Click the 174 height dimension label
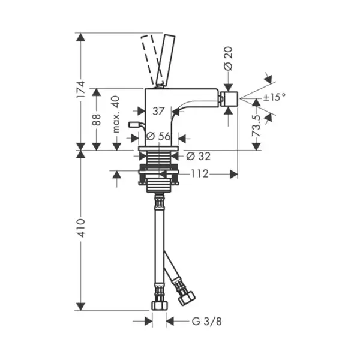(x=81, y=89)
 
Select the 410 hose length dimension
(x=81, y=228)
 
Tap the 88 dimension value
(x=97, y=119)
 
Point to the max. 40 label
(x=116, y=115)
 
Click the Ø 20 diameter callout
(x=228, y=59)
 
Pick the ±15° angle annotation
(x=275, y=97)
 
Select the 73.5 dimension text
(x=256, y=126)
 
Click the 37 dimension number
(x=158, y=112)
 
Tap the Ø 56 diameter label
(x=158, y=136)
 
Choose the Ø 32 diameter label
(x=199, y=157)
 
